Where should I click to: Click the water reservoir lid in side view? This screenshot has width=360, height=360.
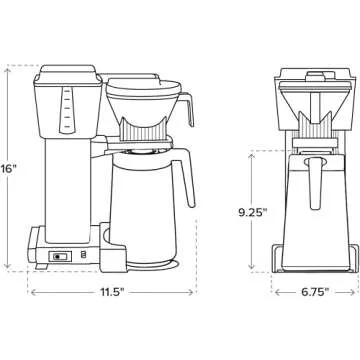pyautogui.click(x=67, y=73)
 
